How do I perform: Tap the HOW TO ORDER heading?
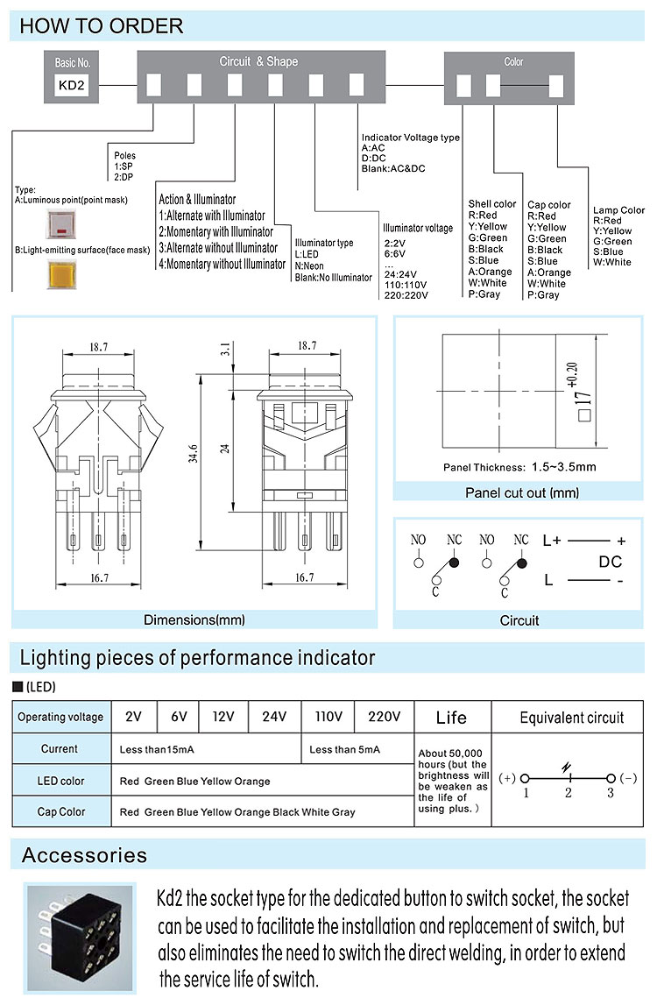pyautogui.click(x=102, y=26)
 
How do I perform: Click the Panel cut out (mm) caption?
pyautogui.click(x=522, y=493)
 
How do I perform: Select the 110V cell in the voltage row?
pyautogui.click(x=328, y=717)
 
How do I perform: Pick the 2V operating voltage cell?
pyautogui.click(x=134, y=717)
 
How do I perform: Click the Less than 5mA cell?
pyautogui.click(x=345, y=749)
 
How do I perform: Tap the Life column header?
pyautogui.click(x=451, y=718)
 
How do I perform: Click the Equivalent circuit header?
pyautogui.click(x=571, y=718)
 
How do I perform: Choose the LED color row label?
pyautogui.click(x=61, y=781)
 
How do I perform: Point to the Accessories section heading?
pyautogui.click(x=84, y=855)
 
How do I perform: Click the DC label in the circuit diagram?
pyautogui.click(x=611, y=562)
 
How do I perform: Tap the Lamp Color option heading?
pyautogui.click(x=618, y=210)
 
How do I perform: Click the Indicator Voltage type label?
pyautogui.click(x=411, y=138)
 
